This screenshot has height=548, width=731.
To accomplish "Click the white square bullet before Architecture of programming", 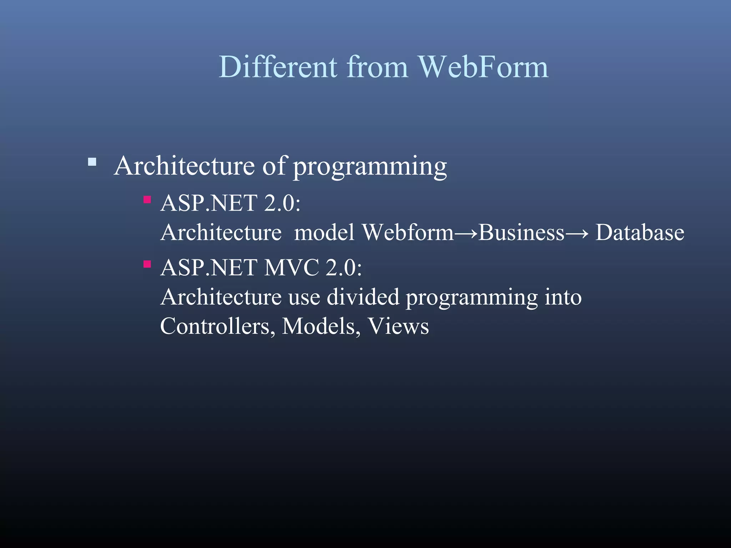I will (92, 162).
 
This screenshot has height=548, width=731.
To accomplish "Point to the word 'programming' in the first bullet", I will (370, 167).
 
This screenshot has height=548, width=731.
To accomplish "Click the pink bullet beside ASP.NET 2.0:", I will (147, 199).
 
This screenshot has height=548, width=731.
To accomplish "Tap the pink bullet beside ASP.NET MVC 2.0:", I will (147, 264).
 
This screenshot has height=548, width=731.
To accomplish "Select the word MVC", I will (291, 268).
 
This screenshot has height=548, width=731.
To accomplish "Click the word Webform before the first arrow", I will (408, 233).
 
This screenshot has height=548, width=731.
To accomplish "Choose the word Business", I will (521, 233).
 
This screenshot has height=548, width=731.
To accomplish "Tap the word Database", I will (640, 233).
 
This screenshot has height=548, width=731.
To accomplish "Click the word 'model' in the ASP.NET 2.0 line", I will (324, 233).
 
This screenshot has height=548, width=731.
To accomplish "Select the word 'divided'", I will (363, 297).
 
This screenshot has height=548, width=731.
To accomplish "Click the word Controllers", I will (215, 326).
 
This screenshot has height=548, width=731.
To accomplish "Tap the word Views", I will (398, 326).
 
